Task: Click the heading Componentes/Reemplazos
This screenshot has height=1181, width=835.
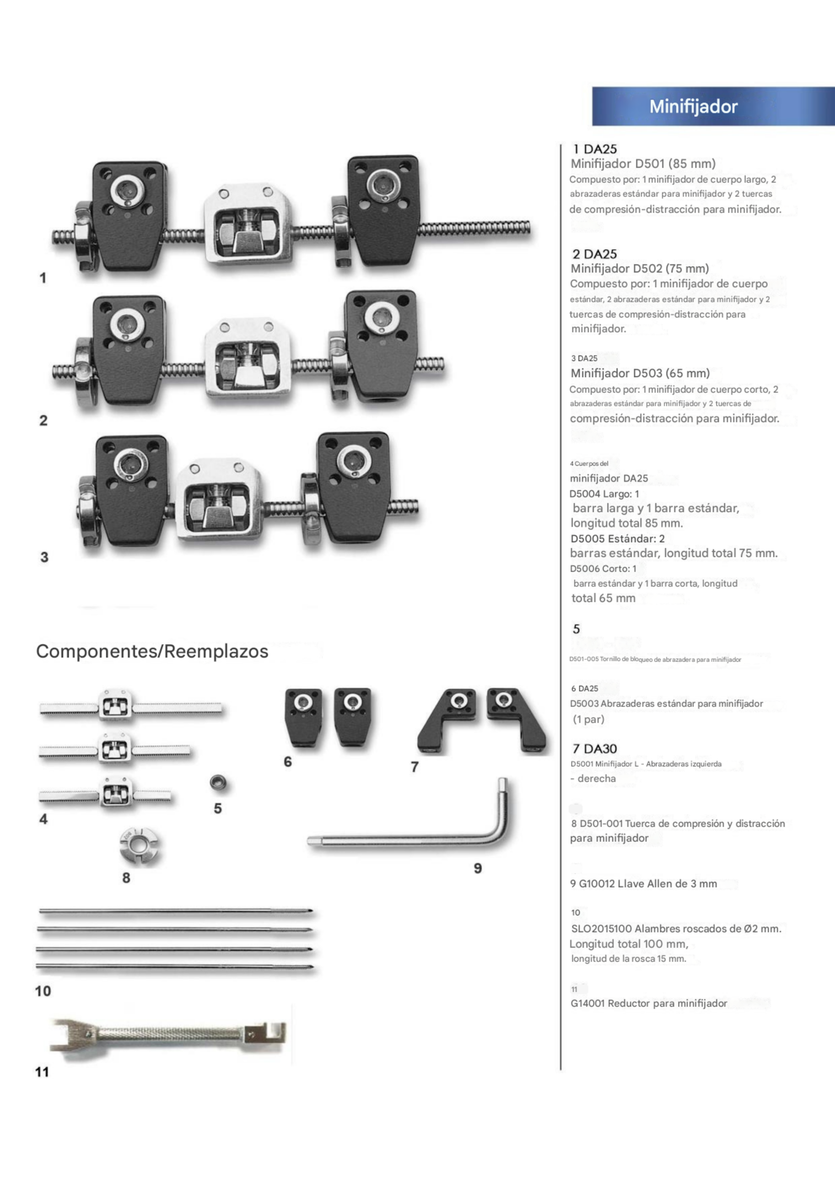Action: click(x=152, y=651)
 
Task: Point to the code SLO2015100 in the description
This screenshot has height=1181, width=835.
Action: click(x=601, y=929)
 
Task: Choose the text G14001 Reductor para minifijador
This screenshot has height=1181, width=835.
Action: click(x=648, y=1003)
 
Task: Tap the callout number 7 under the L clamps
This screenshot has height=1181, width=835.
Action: click(x=415, y=767)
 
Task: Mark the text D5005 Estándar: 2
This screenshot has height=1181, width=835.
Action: click(x=617, y=538)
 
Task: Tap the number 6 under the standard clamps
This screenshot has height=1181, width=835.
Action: click(x=288, y=762)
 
